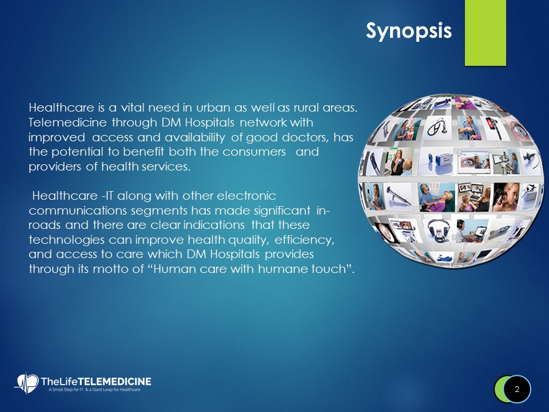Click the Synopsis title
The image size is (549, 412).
409,30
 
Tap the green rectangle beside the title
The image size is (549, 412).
485,32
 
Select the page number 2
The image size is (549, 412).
517,389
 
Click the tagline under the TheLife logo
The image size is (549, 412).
92,390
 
